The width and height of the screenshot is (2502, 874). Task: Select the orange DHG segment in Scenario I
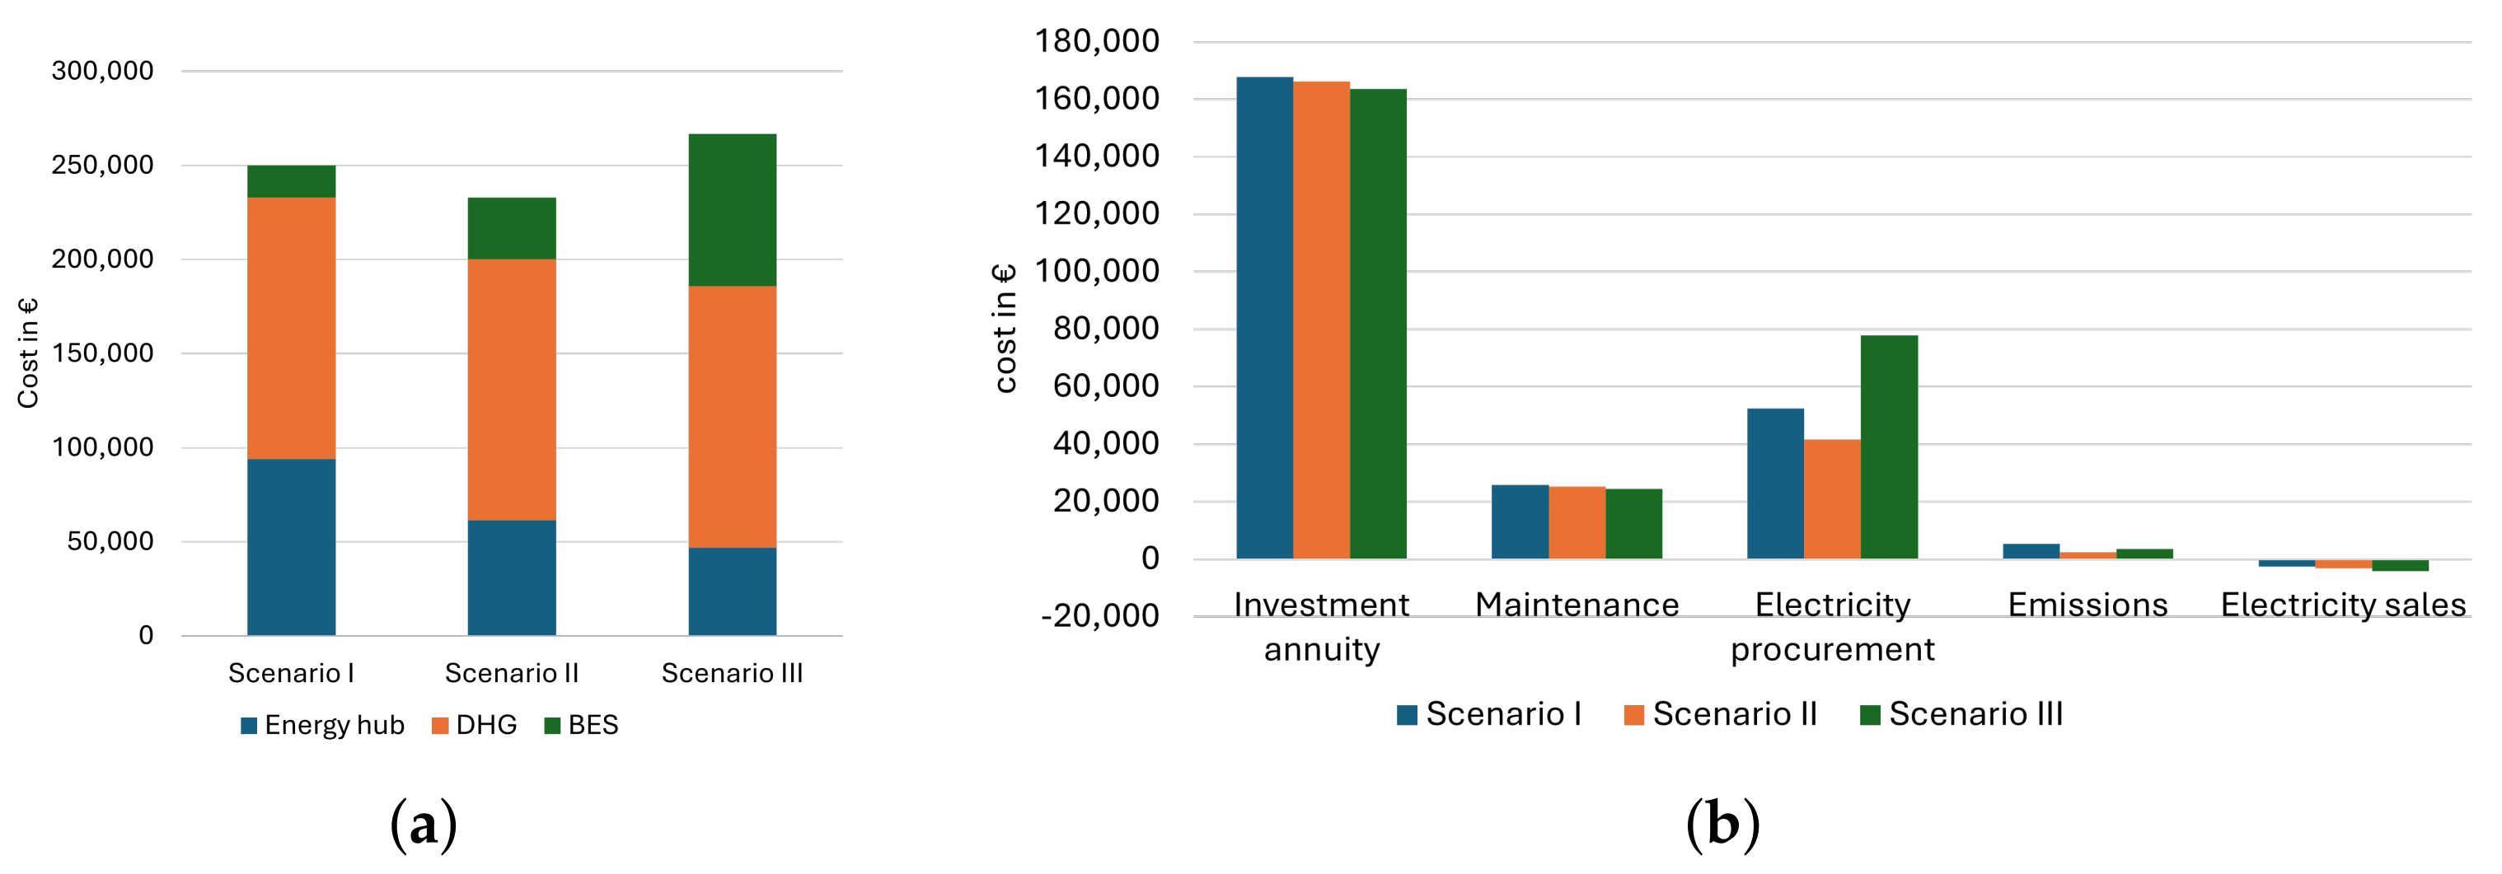(x=292, y=328)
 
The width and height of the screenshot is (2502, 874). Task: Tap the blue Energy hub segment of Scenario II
(x=512, y=577)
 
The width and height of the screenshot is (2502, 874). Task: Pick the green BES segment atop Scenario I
(x=292, y=181)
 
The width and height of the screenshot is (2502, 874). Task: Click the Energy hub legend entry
(x=322, y=726)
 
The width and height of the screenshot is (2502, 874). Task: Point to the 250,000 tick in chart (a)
(x=102, y=165)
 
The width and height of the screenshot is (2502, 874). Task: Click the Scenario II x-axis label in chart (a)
(x=512, y=673)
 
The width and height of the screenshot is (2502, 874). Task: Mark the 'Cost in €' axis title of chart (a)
(x=27, y=353)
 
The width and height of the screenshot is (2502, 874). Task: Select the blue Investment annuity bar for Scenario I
(x=1263, y=317)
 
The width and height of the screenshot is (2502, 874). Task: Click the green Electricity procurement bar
(x=1888, y=446)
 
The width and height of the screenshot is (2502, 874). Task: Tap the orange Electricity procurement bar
(x=1832, y=499)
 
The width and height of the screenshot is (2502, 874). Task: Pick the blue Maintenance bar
(x=1519, y=521)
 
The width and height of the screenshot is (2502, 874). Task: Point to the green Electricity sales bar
(x=2399, y=565)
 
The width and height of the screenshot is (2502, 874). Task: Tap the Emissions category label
(x=2087, y=605)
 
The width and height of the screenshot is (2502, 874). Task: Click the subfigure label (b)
(x=1722, y=825)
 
